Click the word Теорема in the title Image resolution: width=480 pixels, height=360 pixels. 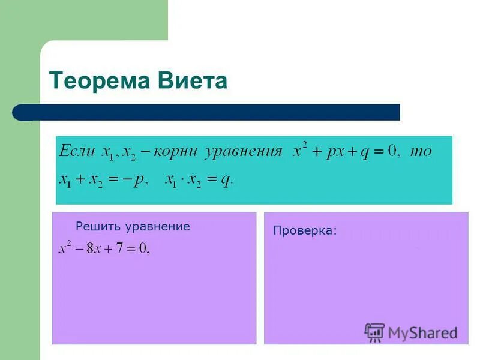[x=97, y=80]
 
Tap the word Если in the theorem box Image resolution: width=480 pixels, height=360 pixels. [x=77, y=151]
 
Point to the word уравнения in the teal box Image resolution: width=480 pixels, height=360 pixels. [x=243, y=151]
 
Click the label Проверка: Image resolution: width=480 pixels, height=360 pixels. [x=305, y=230]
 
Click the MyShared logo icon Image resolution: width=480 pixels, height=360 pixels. [x=374, y=332]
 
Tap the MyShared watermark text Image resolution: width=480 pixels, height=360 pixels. [x=422, y=332]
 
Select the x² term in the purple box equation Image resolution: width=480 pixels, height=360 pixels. [x=64, y=247]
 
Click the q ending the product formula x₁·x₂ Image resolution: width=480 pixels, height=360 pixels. [x=225, y=179]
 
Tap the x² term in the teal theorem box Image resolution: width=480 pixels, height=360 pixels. [x=299, y=150]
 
